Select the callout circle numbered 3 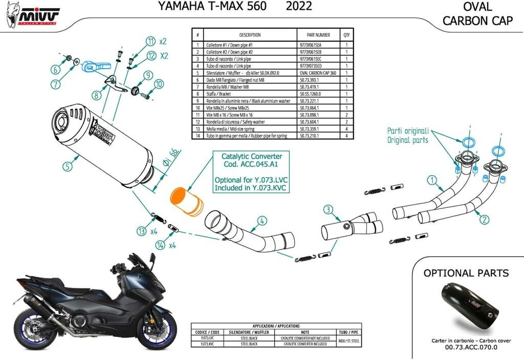(x=328, y=209)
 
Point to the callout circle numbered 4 (x=261, y=221)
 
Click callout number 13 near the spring (x=142, y=231)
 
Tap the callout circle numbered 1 (x=432, y=180)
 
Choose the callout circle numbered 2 (x=484, y=220)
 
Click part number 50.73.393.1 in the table (x=309, y=80)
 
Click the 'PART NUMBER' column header (x=317, y=35)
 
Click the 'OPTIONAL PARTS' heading (x=466, y=273)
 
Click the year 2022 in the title (x=298, y=7)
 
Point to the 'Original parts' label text (x=407, y=140)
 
